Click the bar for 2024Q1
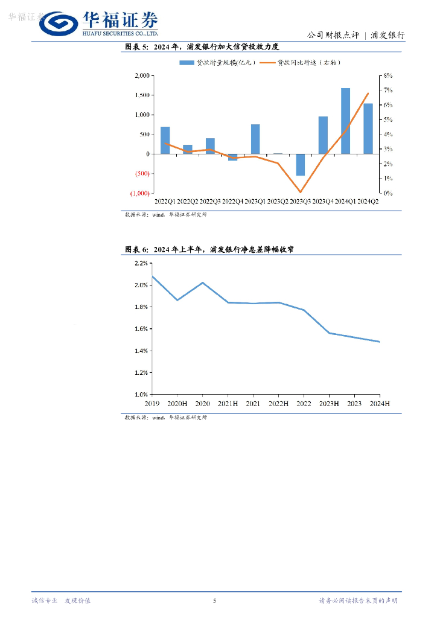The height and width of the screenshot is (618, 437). coord(345,121)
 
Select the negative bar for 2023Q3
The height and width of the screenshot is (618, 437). coord(300,165)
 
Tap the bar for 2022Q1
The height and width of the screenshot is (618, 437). coord(165,140)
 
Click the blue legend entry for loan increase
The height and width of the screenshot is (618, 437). coord(218,62)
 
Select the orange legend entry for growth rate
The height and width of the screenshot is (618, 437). coord(308,62)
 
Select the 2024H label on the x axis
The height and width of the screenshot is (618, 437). coord(379,403)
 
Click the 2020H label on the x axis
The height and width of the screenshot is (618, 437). coord(177,403)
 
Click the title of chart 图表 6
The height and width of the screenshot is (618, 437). coord(209,249)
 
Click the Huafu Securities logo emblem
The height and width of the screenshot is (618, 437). coord(58,24)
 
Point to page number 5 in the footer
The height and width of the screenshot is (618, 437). coord(215,600)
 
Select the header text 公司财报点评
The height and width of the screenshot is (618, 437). coord(333,36)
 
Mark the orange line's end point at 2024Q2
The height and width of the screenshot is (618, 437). coord(368,94)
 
